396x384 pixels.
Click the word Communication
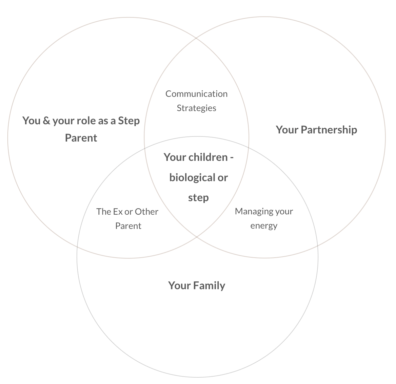tap(196, 94)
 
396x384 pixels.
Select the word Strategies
tap(196, 108)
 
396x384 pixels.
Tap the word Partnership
tap(329, 130)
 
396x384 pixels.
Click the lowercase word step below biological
tap(198, 197)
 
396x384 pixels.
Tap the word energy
tap(264, 226)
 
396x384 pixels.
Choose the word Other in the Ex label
tap(146, 212)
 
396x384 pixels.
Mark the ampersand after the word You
tap(46, 121)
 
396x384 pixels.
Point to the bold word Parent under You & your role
tap(81, 138)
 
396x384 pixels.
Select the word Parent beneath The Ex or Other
tap(128, 226)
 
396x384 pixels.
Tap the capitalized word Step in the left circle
tap(129, 121)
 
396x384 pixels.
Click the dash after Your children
tap(232, 157)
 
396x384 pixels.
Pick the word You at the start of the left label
tap(31, 121)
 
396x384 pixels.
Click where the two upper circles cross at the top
tap(197, 38)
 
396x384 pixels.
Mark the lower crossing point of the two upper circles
tap(197, 237)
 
